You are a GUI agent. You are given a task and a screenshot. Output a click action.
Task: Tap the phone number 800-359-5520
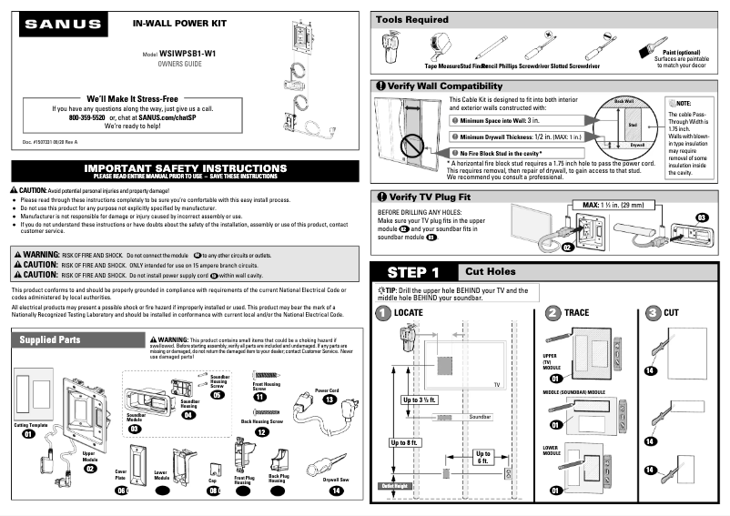coord(87,117)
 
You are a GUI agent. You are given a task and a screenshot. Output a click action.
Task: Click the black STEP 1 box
coord(413,272)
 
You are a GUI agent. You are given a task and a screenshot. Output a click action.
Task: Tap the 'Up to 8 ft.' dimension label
coord(405,442)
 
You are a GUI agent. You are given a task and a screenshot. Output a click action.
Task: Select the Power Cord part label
coord(328,390)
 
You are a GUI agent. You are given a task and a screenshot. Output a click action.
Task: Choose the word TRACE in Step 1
coord(576,312)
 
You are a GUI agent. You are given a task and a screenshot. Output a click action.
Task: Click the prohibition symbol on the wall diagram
coord(415,144)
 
